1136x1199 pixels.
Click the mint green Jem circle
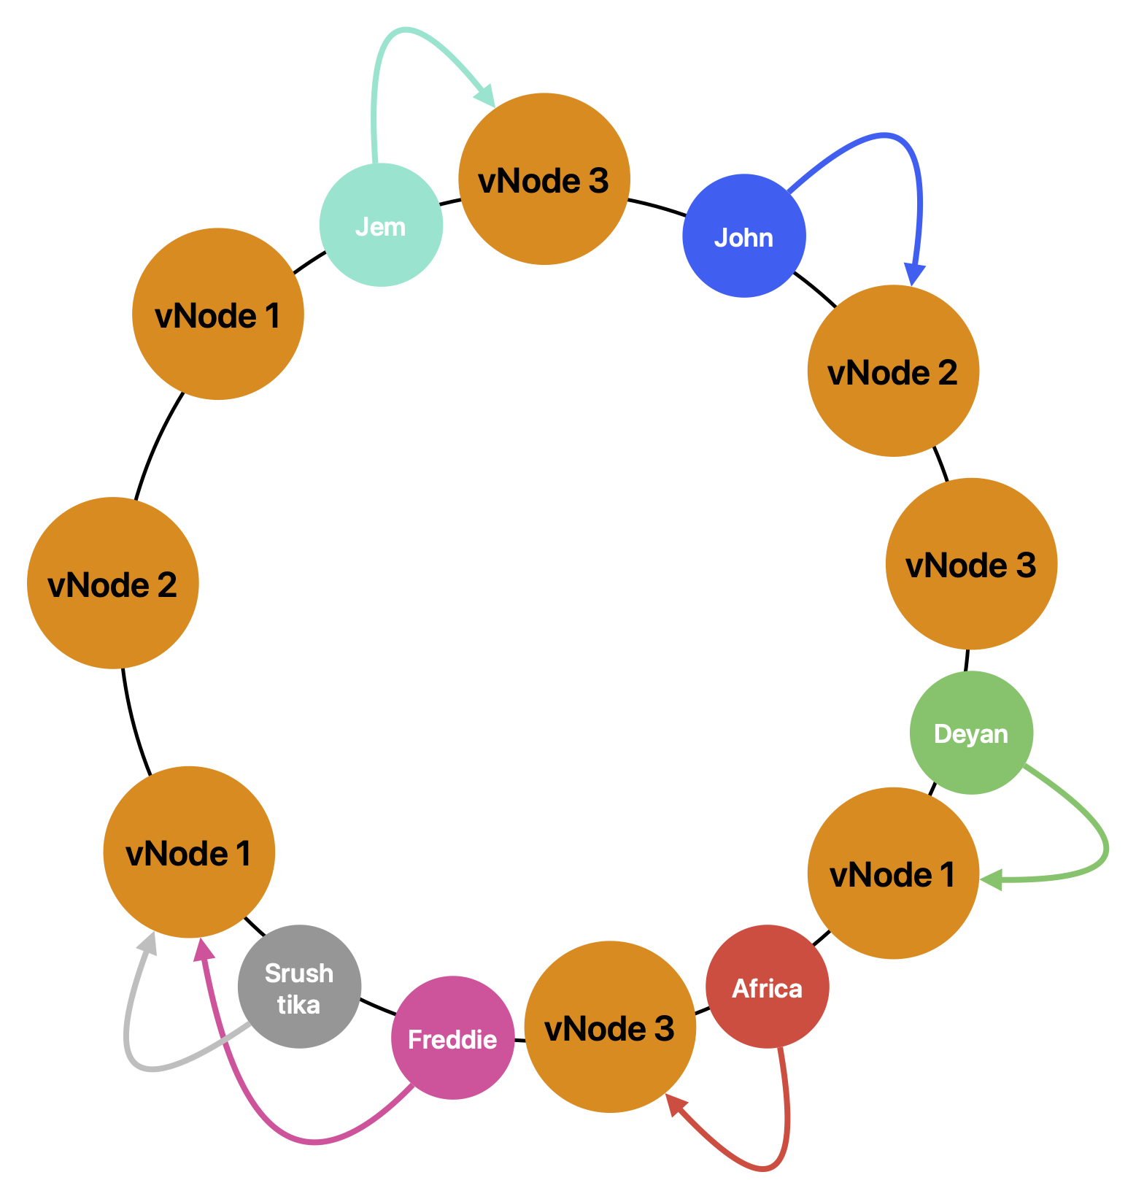pos(381,225)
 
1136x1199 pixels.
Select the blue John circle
pos(743,236)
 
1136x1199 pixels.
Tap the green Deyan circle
pos(971,733)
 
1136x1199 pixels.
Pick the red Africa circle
pos(767,987)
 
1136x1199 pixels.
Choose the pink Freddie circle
pos(452,1038)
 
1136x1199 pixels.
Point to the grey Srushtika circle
pos(299,987)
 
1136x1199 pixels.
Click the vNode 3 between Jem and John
pos(544,180)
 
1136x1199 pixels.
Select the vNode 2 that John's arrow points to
pos(892,371)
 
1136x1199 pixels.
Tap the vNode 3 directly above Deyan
pos(970,564)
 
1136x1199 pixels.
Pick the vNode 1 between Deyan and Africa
pos(892,874)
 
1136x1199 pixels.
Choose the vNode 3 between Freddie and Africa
pos(609,1028)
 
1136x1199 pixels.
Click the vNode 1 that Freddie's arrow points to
pos(189,852)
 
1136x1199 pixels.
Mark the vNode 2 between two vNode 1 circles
pos(112,584)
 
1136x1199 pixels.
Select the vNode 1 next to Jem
pos(217,315)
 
